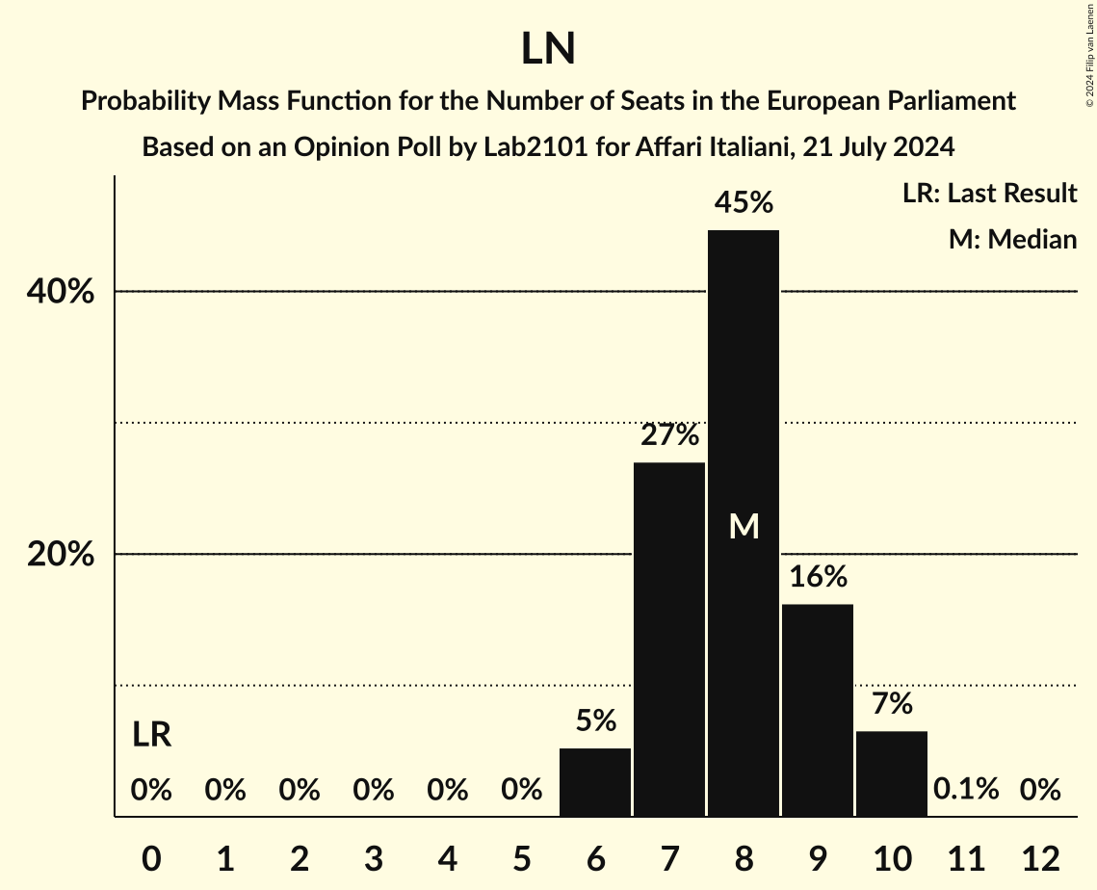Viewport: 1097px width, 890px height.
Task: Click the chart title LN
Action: pos(548,50)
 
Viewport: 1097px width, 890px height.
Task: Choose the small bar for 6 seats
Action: pos(595,782)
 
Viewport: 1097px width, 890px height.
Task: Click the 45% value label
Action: pos(744,203)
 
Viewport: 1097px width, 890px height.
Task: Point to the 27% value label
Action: pos(669,435)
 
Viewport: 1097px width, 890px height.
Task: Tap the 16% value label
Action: pos(818,577)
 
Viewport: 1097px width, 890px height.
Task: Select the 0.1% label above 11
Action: pos(966,790)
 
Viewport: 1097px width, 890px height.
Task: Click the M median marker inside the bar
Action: pos(744,526)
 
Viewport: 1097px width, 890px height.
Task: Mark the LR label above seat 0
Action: pos(151,736)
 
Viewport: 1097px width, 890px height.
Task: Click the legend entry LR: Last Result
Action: pos(989,194)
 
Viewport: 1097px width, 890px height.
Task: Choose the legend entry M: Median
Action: pos(1012,239)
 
